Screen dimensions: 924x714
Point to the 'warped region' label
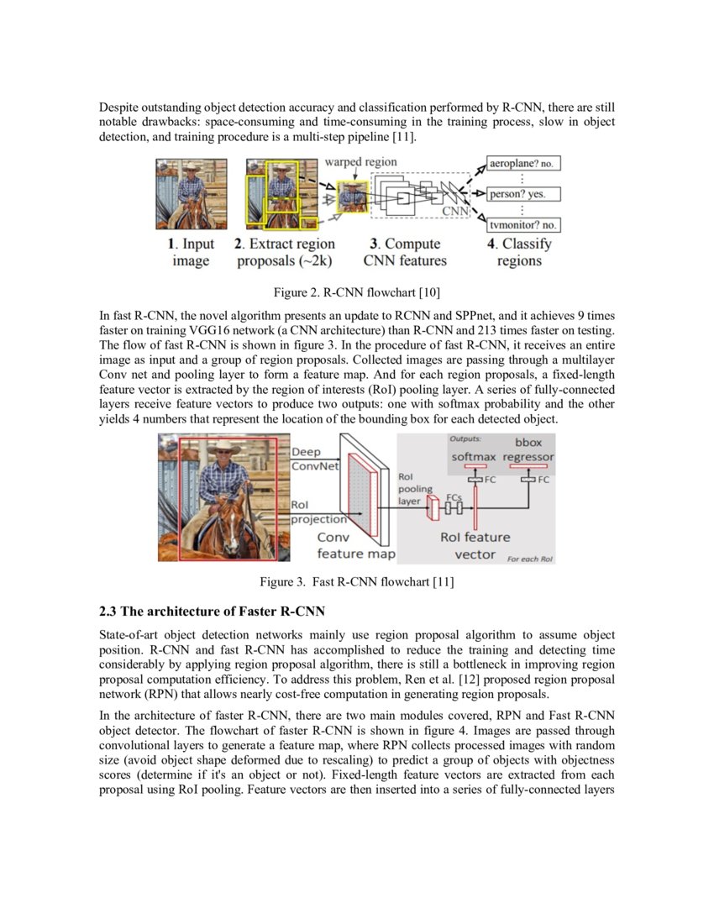coord(361,161)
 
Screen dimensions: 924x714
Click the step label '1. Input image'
coord(191,252)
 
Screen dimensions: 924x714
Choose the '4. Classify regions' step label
coord(520,252)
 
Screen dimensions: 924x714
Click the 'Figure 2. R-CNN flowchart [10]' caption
coord(356,292)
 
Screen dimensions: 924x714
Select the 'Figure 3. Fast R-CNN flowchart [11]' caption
coord(356,582)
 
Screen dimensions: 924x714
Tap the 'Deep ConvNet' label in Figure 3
coord(312,459)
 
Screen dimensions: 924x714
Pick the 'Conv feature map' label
coord(355,545)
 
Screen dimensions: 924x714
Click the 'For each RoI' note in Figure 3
coord(530,559)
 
